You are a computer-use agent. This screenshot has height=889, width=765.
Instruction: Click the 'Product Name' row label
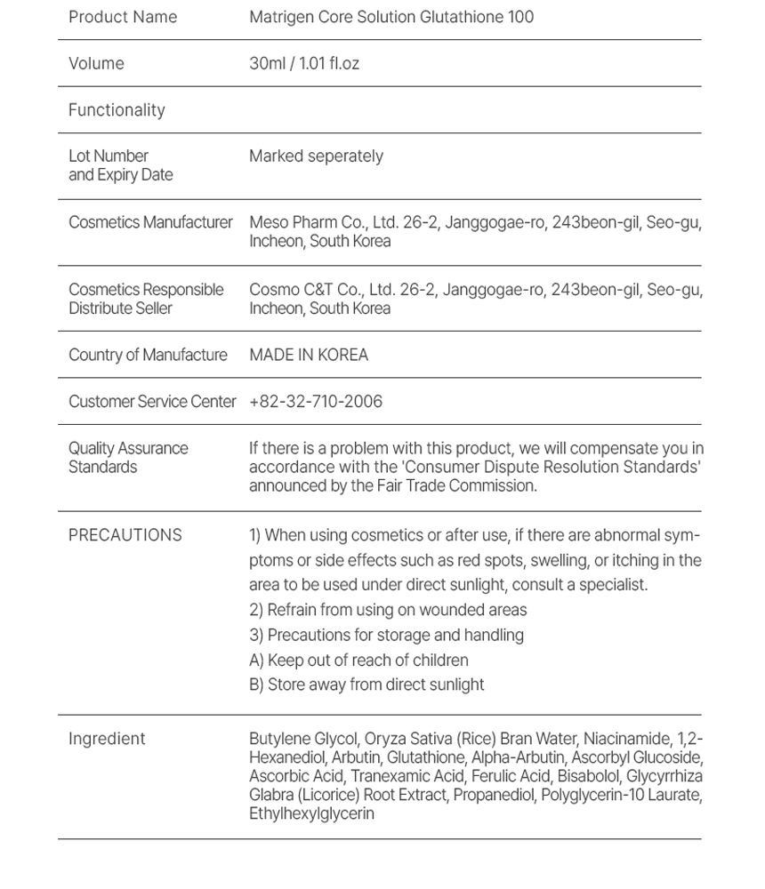[x=123, y=17]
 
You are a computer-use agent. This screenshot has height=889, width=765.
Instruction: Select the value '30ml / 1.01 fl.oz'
[x=304, y=64]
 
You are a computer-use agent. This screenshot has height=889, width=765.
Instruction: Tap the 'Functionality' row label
[x=117, y=110]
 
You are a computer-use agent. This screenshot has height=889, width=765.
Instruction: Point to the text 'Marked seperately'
[x=316, y=156]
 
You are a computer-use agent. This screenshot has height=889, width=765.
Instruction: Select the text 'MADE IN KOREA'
[x=309, y=355]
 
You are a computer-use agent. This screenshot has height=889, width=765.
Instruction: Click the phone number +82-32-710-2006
[x=316, y=402]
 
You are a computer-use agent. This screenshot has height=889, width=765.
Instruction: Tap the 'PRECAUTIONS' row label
[x=125, y=535]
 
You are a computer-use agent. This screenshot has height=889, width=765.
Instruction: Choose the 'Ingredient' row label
[x=107, y=739]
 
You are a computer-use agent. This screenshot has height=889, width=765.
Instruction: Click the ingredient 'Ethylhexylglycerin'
[x=311, y=813]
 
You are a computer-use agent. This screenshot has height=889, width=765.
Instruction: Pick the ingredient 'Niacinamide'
[x=626, y=739]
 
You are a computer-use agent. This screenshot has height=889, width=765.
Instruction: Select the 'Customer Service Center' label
[x=152, y=402]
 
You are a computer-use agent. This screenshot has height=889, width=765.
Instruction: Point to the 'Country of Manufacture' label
[x=148, y=355]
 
